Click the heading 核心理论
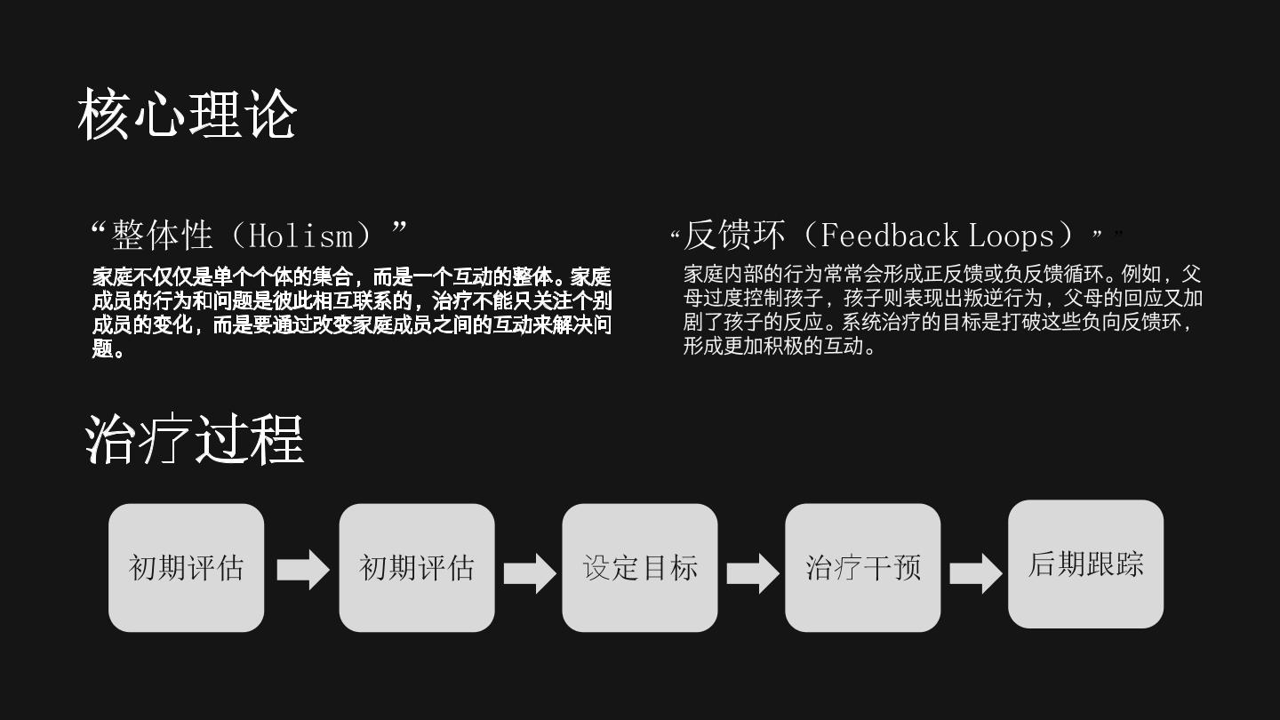click(187, 115)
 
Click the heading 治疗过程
click(195, 439)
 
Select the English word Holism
click(301, 236)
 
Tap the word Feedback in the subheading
click(890, 236)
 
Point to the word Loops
click(1012, 236)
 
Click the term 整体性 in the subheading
click(163, 236)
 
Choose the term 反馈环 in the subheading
click(734, 236)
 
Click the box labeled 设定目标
click(640, 567)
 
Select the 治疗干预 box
click(863, 567)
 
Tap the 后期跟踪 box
click(1085, 564)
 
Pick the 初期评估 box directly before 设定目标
click(417, 567)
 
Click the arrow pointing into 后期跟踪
click(975, 573)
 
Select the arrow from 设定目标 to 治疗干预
click(753, 573)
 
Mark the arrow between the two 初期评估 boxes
click(303, 570)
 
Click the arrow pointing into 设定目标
click(530, 573)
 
